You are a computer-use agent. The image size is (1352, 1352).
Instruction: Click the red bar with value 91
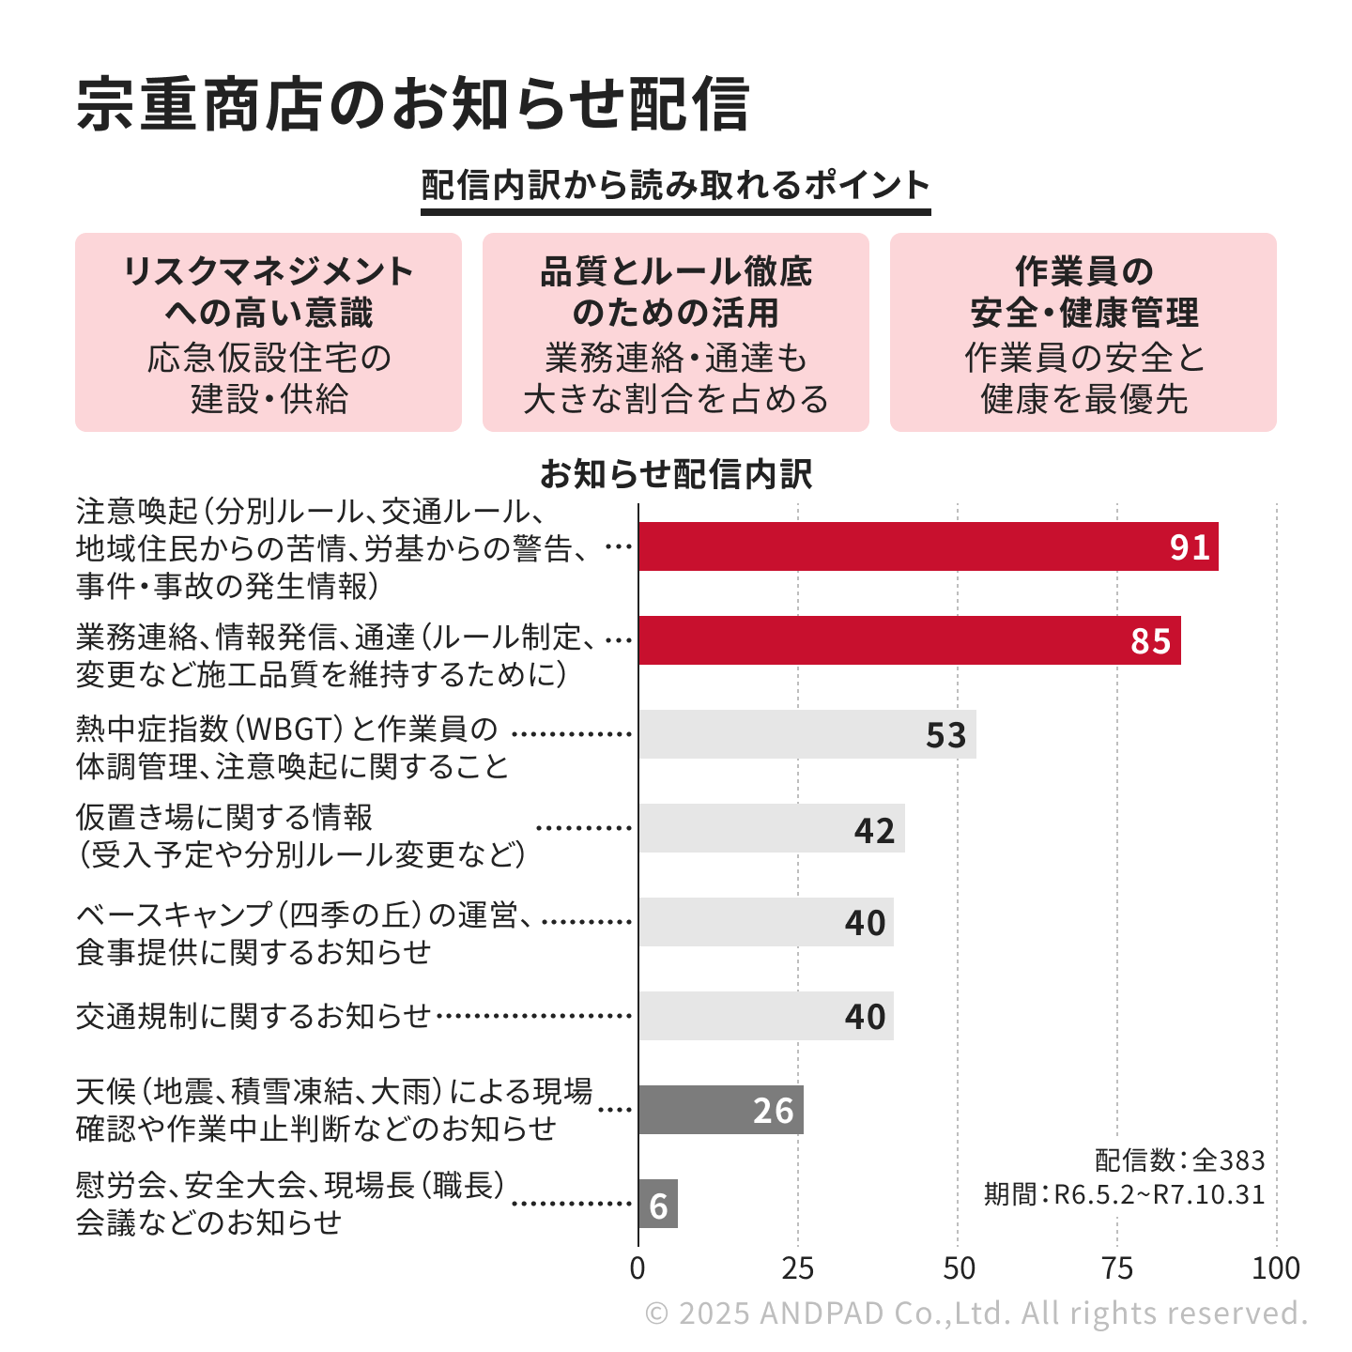[x=928, y=546]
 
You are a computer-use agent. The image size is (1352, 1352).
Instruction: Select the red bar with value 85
[x=909, y=640]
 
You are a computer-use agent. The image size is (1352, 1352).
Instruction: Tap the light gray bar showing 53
[x=807, y=734]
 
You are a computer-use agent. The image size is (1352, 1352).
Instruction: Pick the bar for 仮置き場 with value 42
[x=772, y=828]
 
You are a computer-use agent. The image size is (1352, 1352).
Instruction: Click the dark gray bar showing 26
[x=720, y=1110]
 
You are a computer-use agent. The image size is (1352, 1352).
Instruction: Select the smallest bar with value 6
[x=658, y=1204]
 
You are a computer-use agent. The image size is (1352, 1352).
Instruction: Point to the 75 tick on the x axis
[x=1117, y=1268]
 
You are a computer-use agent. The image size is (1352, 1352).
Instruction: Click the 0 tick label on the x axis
[x=638, y=1268]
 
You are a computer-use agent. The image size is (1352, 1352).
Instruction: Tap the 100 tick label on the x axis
[x=1276, y=1268]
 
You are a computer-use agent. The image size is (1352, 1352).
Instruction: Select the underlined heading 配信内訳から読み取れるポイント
[x=675, y=185]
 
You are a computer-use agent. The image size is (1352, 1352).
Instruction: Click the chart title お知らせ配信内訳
[x=676, y=474]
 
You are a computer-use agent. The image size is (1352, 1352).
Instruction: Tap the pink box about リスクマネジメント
[x=269, y=332]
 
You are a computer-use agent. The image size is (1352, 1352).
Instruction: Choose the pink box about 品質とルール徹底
[x=676, y=332]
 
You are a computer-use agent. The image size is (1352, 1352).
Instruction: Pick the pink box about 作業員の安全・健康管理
[x=1083, y=332]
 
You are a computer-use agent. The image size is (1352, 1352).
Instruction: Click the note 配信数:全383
[x=1180, y=1160]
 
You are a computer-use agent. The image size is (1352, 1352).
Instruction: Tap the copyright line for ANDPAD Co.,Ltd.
[x=976, y=1313]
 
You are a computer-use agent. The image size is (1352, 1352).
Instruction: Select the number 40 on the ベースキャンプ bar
[x=866, y=923]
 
